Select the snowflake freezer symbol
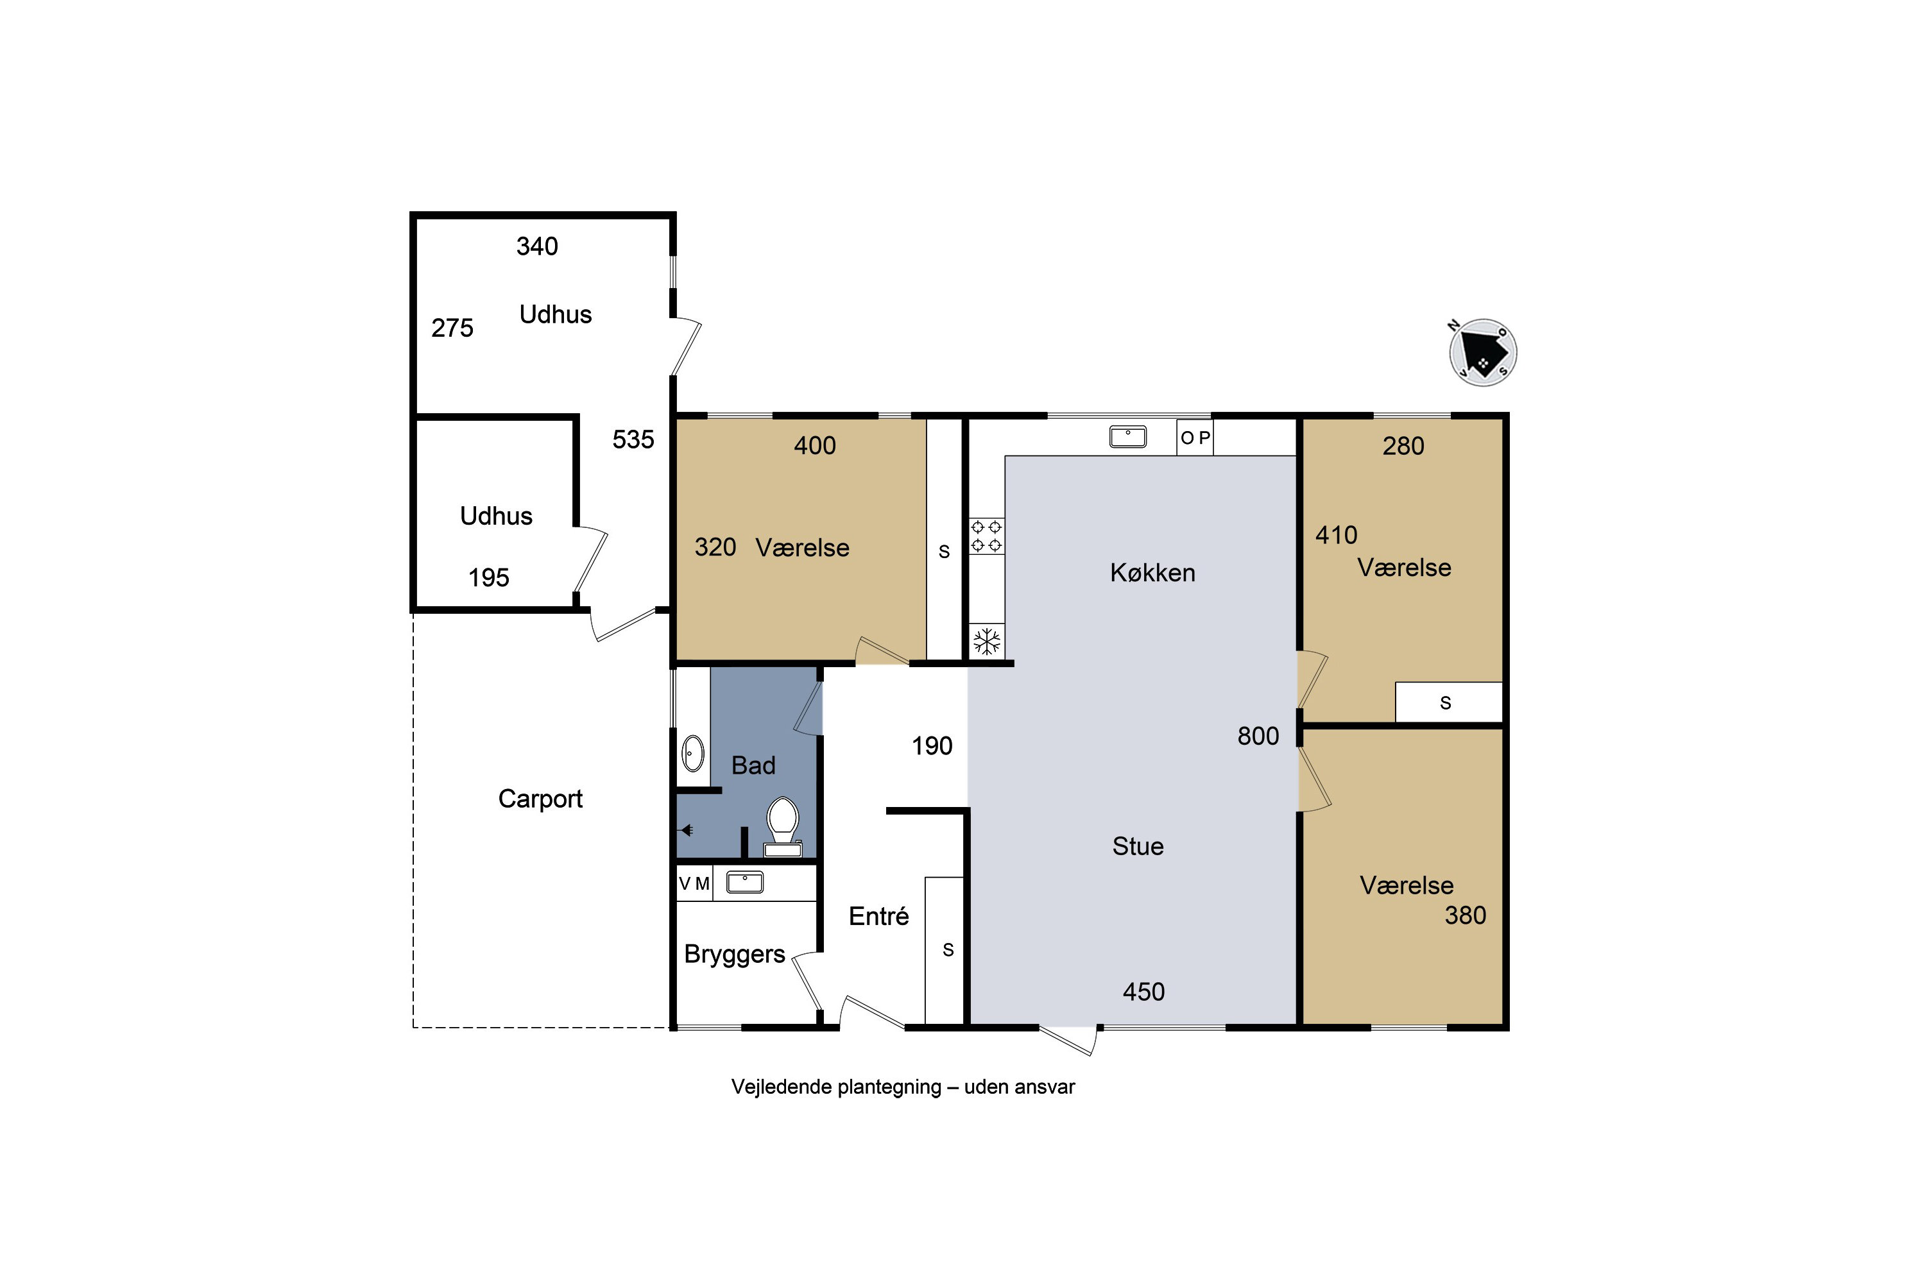(987, 641)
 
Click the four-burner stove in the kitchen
(986, 536)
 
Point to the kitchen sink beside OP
(1128, 437)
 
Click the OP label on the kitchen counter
(1195, 438)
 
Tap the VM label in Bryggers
(694, 884)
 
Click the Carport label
(540, 799)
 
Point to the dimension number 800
(1258, 736)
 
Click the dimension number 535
(633, 439)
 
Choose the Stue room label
(1138, 846)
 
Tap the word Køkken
(1152, 573)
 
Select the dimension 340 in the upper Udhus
(537, 246)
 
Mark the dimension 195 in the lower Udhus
(488, 578)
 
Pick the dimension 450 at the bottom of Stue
(1143, 992)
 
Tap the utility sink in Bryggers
(745, 882)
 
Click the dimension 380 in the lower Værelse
(1465, 915)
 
